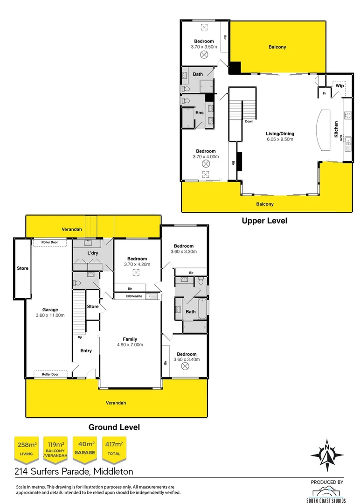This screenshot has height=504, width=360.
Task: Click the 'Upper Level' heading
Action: [x=264, y=221]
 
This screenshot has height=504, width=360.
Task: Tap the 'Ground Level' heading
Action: [x=114, y=427]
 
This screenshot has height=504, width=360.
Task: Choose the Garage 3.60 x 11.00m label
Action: [x=50, y=312]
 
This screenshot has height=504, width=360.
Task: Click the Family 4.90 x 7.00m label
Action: [x=130, y=342]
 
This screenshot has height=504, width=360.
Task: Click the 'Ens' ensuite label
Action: [x=199, y=113]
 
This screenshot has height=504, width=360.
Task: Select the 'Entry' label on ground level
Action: [x=86, y=350]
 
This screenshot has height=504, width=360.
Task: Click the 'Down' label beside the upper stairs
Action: [x=249, y=122]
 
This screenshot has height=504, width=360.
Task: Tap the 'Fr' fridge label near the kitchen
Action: [x=324, y=93]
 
